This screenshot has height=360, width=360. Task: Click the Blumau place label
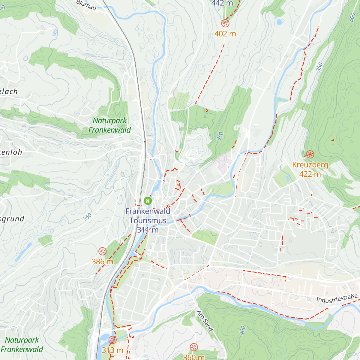point(86,5)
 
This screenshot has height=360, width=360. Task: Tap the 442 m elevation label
point(222,3)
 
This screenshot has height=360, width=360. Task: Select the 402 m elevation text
point(225,34)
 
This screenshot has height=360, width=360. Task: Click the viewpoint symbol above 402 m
point(225,23)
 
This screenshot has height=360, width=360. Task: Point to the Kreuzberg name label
point(310,165)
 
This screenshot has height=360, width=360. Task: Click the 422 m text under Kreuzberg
point(310,174)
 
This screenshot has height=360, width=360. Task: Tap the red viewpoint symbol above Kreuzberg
point(310,154)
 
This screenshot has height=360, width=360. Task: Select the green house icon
point(148,201)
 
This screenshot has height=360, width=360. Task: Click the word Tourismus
point(148,220)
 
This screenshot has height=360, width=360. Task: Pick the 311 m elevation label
point(148,230)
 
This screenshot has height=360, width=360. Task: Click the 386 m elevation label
point(102,262)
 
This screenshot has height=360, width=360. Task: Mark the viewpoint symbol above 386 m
point(102,251)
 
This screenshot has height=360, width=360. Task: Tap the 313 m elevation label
point(112,350)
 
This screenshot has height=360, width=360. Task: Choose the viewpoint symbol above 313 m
point(112,340)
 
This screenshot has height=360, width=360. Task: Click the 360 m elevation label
point(193,357)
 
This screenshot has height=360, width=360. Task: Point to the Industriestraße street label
point(337,298)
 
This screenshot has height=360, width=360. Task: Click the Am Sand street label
point(205,321)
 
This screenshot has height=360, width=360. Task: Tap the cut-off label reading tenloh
point(11,152)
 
